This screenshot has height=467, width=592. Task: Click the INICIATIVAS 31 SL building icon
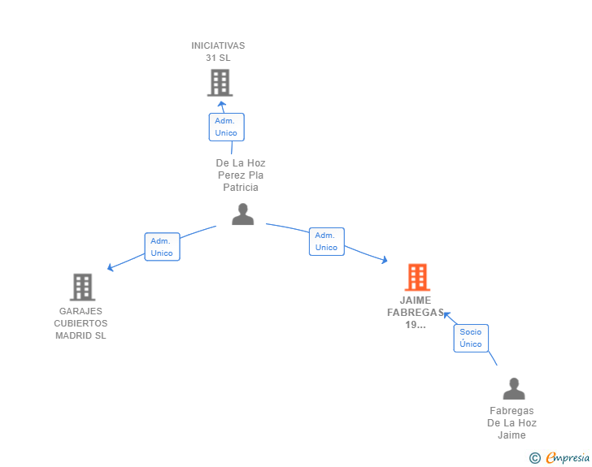click(220, 83)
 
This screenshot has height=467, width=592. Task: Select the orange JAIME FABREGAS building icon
click(417, 277)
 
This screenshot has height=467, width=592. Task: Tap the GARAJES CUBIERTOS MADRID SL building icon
click(82, 287)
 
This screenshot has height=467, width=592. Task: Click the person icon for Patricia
click(243, 214)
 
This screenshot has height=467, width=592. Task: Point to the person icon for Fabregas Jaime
click(514, 388)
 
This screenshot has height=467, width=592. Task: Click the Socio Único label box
click(471, 338)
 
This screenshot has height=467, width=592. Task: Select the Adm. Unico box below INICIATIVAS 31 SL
click(227, 128)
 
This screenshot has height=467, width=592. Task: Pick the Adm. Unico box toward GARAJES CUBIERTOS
click(162, 247)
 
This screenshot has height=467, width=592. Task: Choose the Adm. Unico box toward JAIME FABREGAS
click(327, 241)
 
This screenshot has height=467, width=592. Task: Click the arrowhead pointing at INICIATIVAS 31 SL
click(222, 104)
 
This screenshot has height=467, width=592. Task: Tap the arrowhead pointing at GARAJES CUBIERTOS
click(111, 267)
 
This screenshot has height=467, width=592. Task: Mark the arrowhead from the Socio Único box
click(446, 314)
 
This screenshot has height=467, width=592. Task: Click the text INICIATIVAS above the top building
click(218, 45)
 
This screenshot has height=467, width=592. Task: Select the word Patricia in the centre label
click(241, 188)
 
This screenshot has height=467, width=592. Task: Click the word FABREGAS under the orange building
click(416, 313)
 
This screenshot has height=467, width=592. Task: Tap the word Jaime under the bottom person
click(511, 435)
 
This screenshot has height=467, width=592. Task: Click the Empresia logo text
click(568, 458)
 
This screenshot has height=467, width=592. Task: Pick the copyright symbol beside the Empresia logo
click(534, 458)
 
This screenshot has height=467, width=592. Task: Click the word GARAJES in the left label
click(81, 311)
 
